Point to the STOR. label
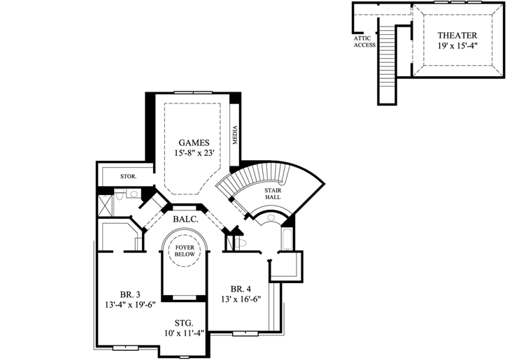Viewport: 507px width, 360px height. click(128, 177)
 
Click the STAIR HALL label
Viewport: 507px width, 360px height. click(273, 194)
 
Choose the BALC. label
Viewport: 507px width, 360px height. click(186, 218)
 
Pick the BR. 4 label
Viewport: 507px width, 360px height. click(241, 289)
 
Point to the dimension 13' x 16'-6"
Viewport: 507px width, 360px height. click(241, 299)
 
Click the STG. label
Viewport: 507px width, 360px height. click(185, 323)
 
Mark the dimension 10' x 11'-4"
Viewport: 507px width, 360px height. click(185, 333)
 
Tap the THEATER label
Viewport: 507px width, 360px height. click(457, 35)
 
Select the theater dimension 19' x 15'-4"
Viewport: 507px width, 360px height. click(457, 46)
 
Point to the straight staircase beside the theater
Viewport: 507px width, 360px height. click(386, 59)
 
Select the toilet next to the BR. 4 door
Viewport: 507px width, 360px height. click(240, 242)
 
